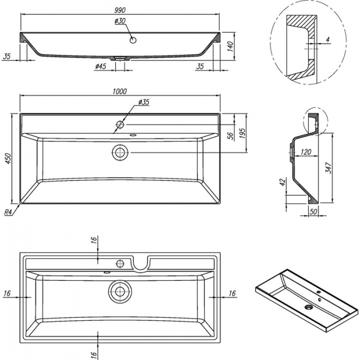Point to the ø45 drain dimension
pyautogui.click(x=100, y=66)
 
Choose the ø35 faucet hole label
pyautogui.click(x=143, y=102)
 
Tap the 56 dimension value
pyautogui.click(x=231, y=135)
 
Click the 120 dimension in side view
pyautogui.click(x=306, y=152)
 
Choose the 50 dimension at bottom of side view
pyautogui.click(x=313, y=211)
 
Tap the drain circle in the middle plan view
pyautogui.click(x=120, y=152)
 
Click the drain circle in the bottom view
pyautogui.click(x=120, y=291)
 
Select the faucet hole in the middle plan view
pyautogui.click(x=120, y=124)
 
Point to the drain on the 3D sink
pyautogui.click(x=310, y=308)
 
